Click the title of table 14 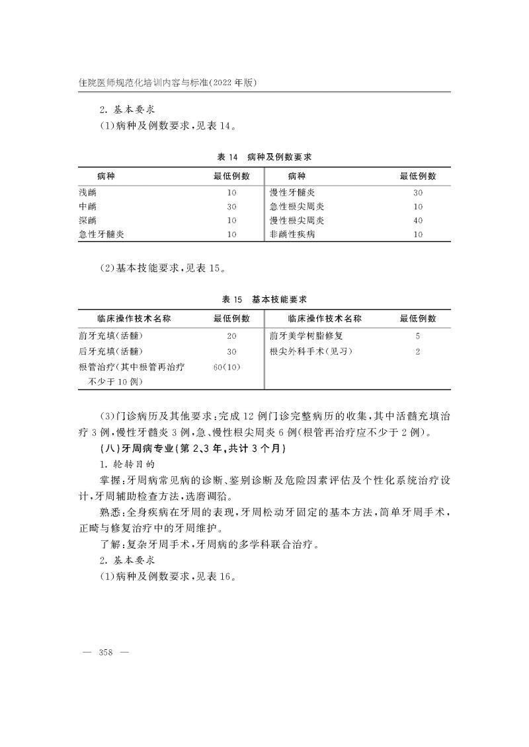(x=264, y=157)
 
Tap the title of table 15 (x=264, y=299)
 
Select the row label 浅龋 (x=87, y=192)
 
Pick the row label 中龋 (x=87, y=206)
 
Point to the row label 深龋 (x=87, y=220)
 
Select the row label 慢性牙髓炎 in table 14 (x=292, y=192)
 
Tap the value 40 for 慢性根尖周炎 (x=418, y=221)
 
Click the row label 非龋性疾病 (x=292, y=234)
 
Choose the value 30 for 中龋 (x=231, y=207)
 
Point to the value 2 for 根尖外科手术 (x=418, y=351)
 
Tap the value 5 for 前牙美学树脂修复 (x=418, y=336)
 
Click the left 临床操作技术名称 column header (x=125, y=318)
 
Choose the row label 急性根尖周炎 (x=292, y=206)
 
